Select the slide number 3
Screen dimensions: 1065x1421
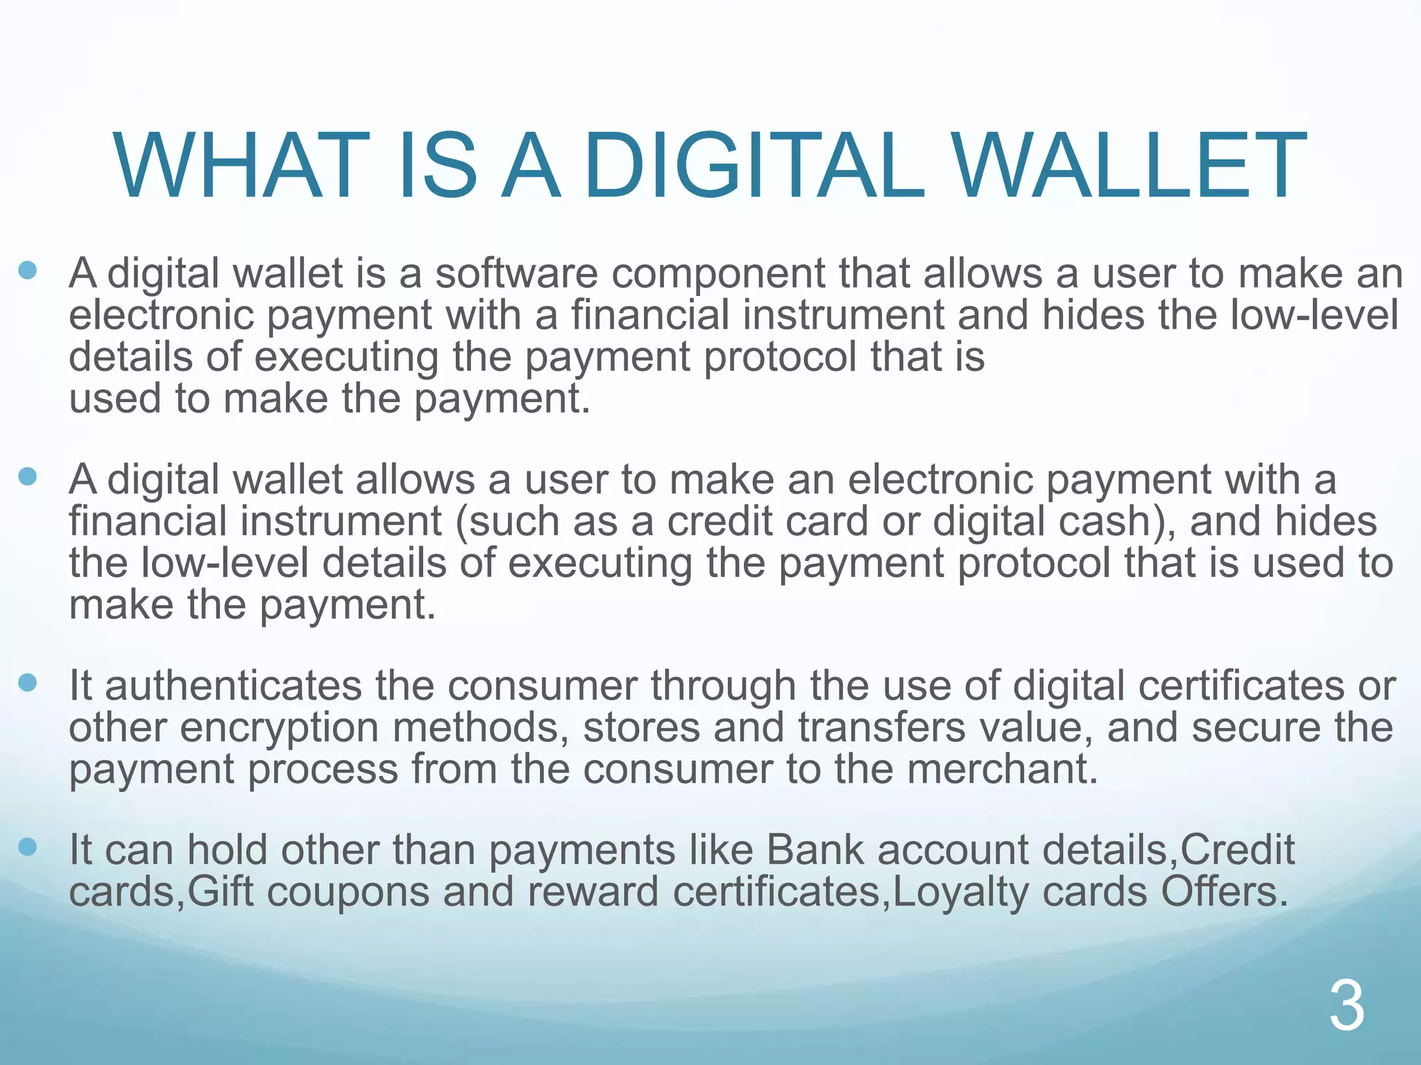1347,1007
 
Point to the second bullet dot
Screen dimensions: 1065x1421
28,476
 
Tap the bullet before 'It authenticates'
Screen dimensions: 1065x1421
28,682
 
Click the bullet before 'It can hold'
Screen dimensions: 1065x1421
28,847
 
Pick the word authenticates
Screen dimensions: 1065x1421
233,686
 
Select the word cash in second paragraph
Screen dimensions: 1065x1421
1114,521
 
